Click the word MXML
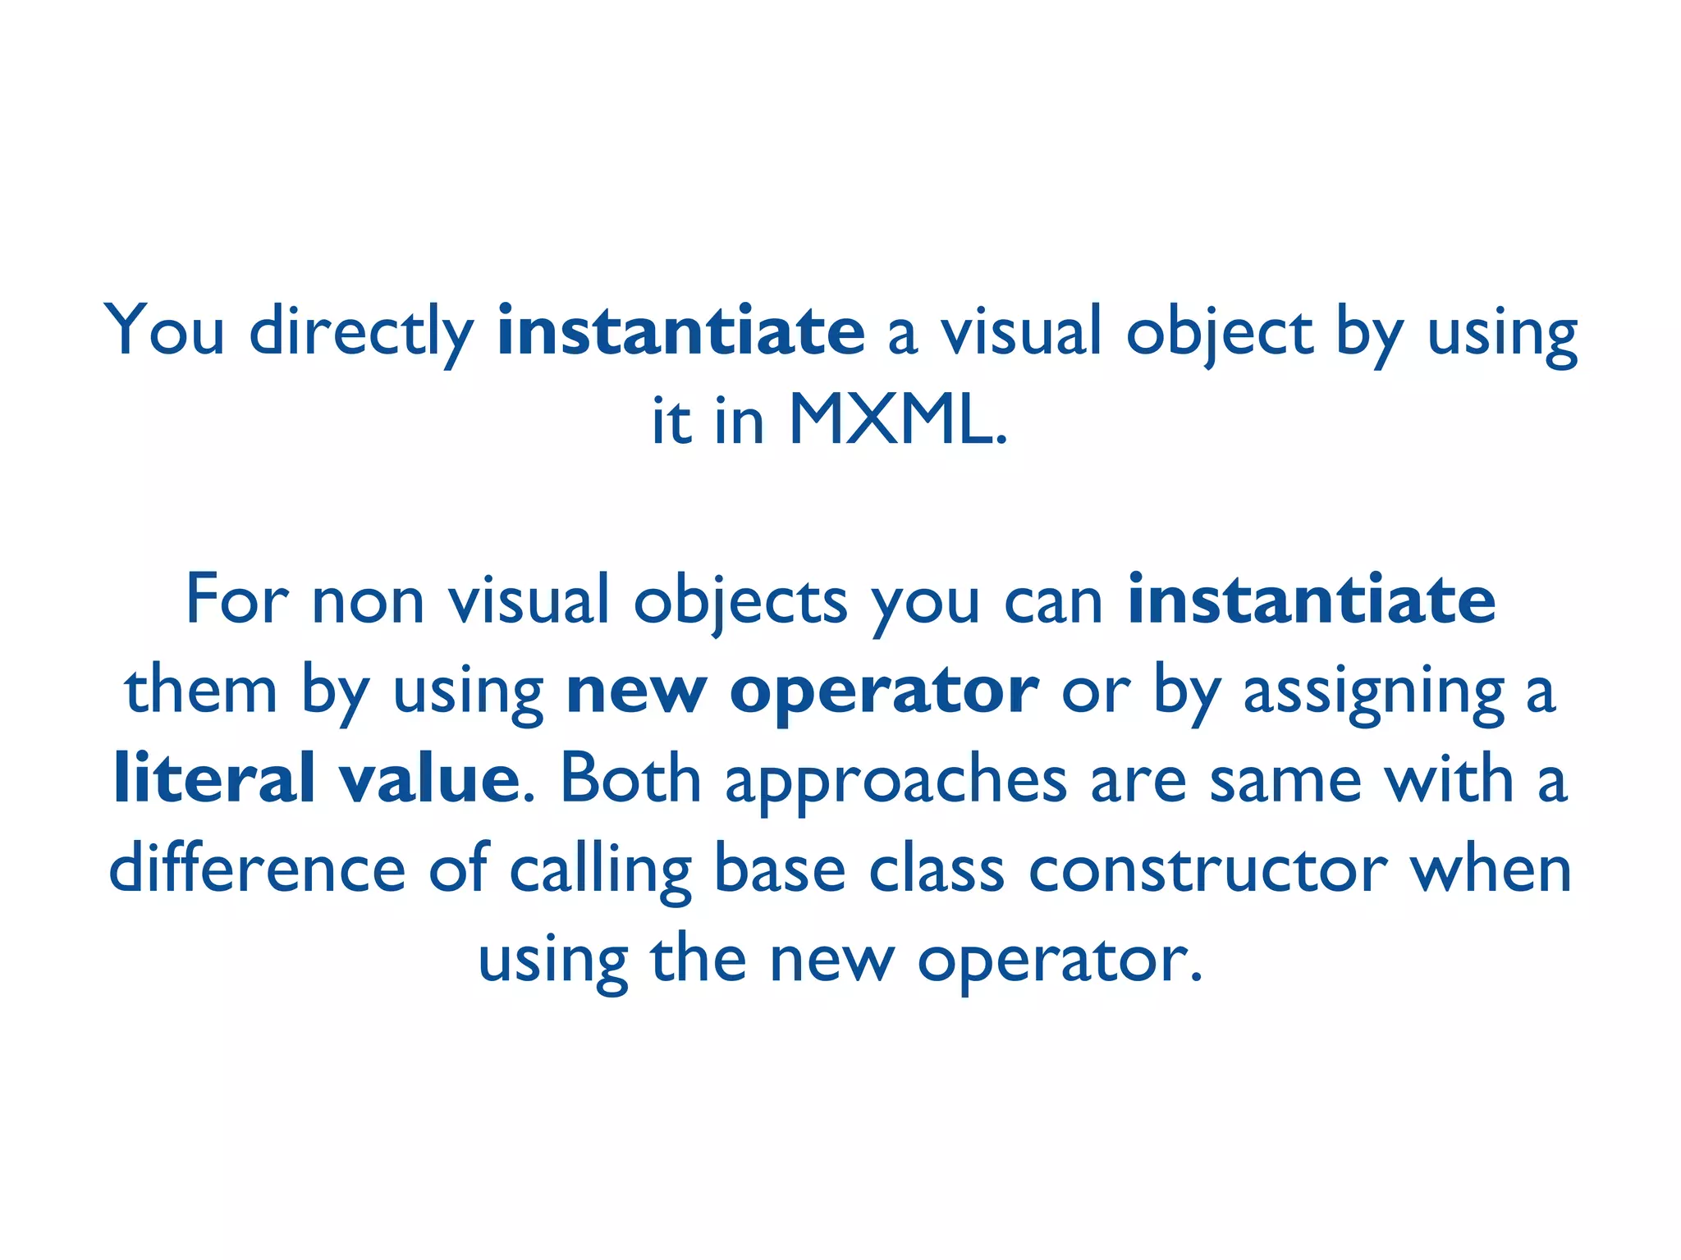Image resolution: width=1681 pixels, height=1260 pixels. [x=895, y=421]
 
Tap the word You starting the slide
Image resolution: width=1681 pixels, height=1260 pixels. [x=164, y=330]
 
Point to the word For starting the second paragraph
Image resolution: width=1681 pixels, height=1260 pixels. [x=237, y=600]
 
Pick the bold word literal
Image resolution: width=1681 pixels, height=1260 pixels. [x=214, y=778]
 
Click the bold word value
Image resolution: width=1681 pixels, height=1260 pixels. [x=429, y=778]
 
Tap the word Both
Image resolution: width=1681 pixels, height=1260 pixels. [x=630, y=778]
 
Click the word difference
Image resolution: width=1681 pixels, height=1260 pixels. [x=257, y=869]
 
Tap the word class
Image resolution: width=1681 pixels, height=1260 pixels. [x=937, y=869]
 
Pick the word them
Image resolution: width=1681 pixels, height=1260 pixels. [x=201, y=690]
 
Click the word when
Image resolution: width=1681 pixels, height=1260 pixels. [x=1491, y=869]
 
